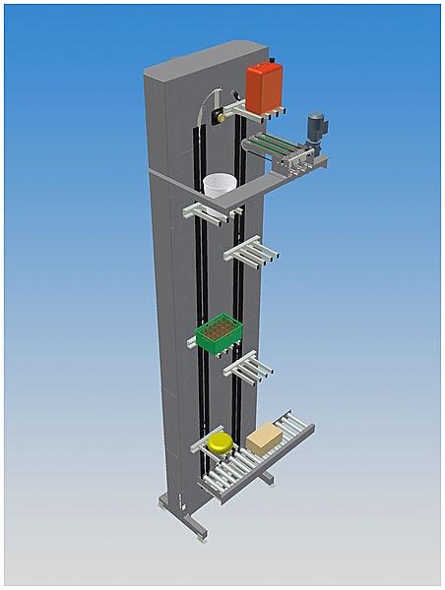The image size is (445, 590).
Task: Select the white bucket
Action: tap(220, 187)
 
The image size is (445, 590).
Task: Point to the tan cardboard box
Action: tap(264, 438)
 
